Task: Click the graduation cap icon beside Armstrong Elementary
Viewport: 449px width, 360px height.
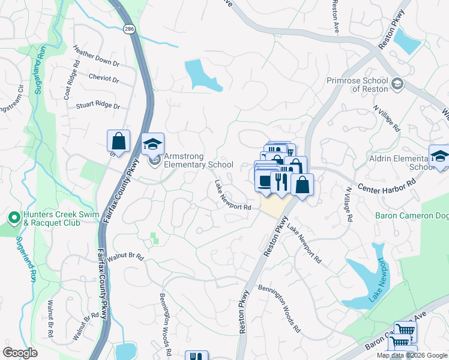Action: (x=153, y=143)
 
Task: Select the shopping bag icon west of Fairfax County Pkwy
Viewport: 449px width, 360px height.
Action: (x=119, y=141)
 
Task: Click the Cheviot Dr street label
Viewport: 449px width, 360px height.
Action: (x=104, y=79)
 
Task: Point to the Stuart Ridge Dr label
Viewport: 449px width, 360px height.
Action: (x=98, y=106)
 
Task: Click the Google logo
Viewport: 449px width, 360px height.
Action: (x=20, y=353)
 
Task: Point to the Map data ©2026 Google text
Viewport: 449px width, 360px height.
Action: (x=412, y=355)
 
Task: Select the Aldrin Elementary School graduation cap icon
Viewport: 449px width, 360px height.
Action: (x=439, y=155)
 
